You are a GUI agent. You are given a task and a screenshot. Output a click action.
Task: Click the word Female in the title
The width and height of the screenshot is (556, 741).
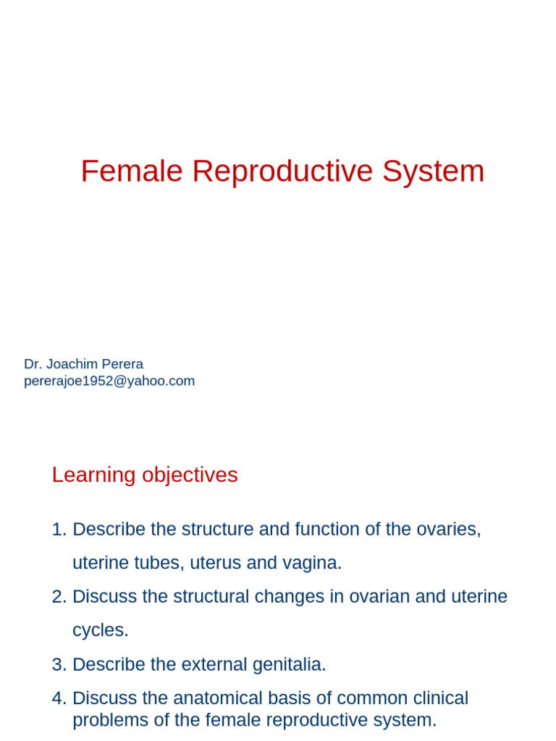131,172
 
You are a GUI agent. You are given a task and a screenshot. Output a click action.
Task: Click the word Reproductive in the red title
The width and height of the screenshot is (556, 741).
282,172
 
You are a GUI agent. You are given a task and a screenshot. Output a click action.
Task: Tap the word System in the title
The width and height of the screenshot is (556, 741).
433,172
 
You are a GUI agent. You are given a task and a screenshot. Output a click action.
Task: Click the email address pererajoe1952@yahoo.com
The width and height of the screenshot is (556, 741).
109,381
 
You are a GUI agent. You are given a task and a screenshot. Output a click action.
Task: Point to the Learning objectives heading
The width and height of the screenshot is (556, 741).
145,475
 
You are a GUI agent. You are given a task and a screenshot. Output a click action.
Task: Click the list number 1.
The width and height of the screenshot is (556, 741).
58,529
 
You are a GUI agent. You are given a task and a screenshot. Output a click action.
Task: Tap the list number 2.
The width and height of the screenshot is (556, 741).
58,596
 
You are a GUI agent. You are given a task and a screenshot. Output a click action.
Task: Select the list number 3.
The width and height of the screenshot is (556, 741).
58,664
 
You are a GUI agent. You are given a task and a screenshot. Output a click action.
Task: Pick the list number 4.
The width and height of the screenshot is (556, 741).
58,698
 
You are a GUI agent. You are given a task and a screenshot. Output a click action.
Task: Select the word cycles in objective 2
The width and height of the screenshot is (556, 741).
100,630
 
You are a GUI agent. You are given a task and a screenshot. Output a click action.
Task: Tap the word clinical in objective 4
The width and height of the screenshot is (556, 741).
438,698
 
